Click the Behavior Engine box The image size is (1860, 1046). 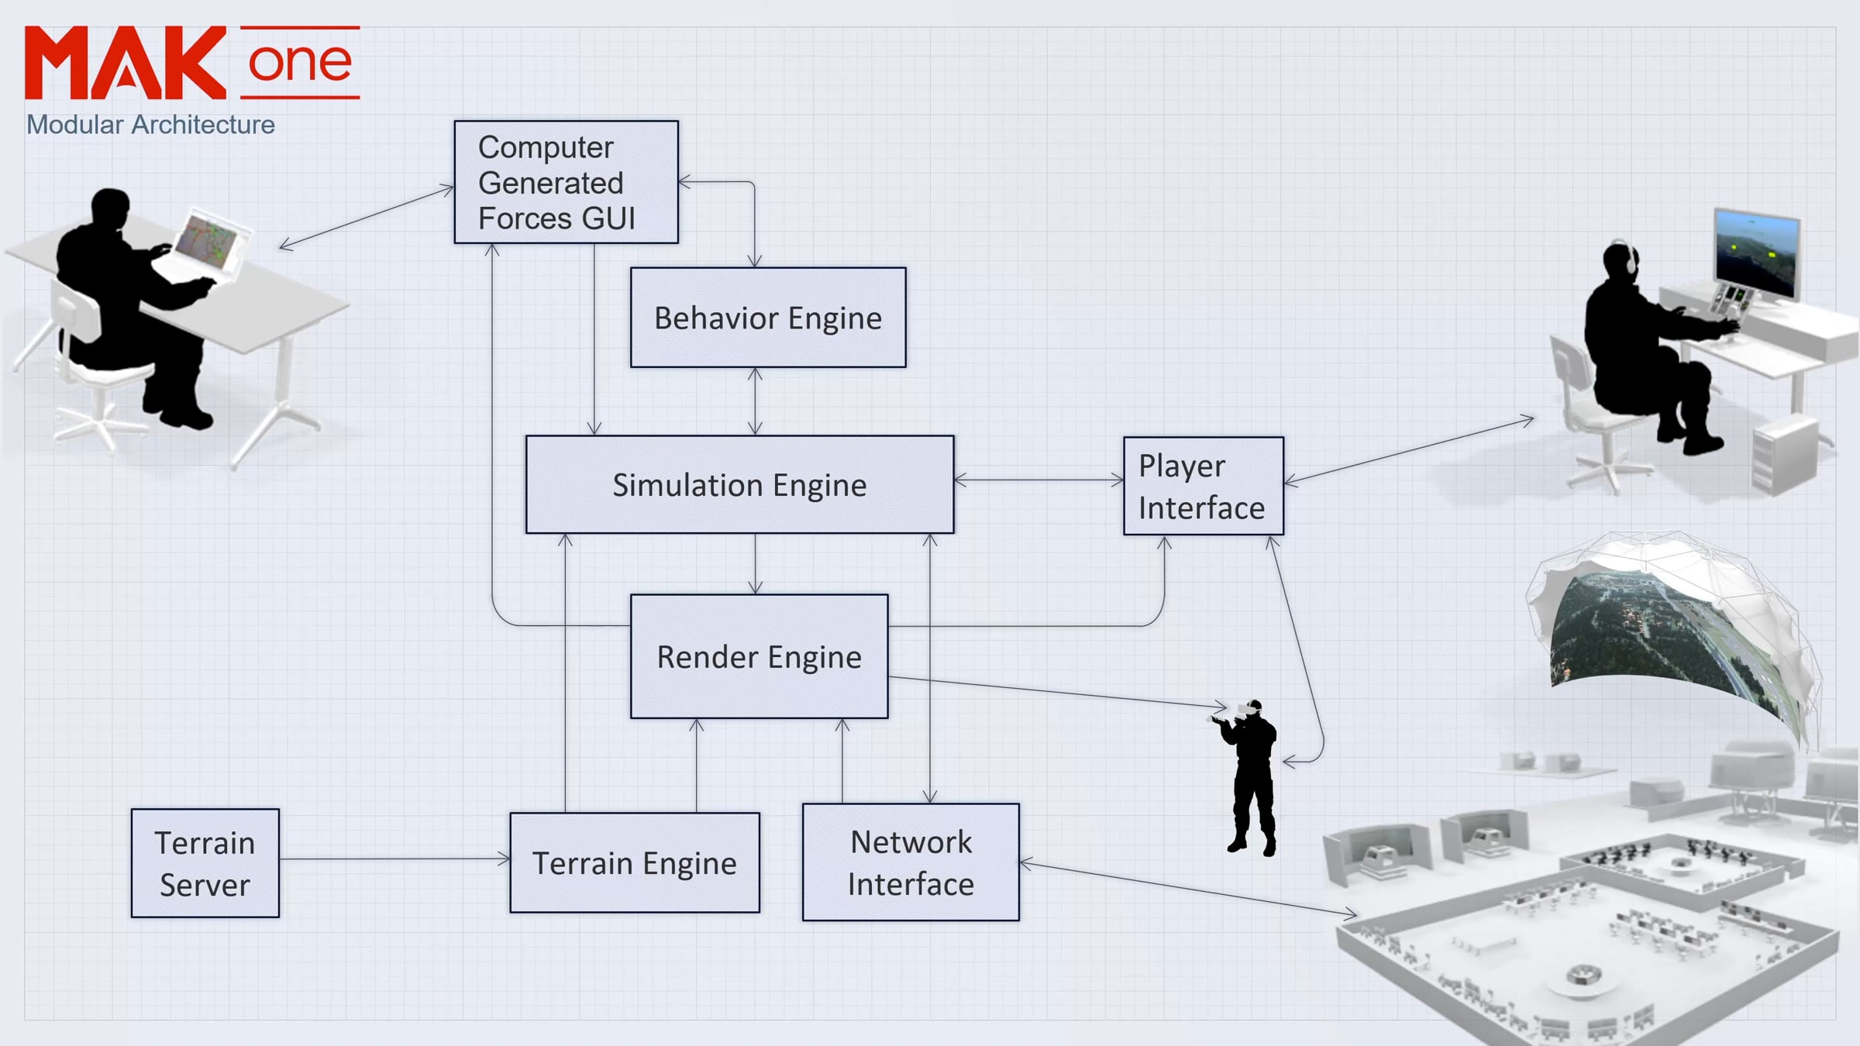click(x=767, y=318)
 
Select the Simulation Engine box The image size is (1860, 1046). click(x=739, y=484)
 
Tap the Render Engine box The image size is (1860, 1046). click(x=759, y=656)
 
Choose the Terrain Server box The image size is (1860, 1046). click(x=205, y=863)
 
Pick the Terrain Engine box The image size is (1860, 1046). click(x=634, y=862)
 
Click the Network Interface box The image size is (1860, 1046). click(x=911, y=862)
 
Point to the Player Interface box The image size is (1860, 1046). click(x=1203, y=486)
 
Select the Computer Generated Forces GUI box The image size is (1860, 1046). click(x=566, y=182)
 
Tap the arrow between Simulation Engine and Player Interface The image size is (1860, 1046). click(x=1038, y=480)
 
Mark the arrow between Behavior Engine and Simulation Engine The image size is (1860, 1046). click(x=755, y=401)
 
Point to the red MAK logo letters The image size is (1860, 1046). click(x=126, y=64)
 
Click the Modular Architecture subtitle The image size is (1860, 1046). click(x=150, y=125)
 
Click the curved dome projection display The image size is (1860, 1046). click(x=1674, y=628)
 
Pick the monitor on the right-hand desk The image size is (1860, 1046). click(x=1756, y=252)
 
